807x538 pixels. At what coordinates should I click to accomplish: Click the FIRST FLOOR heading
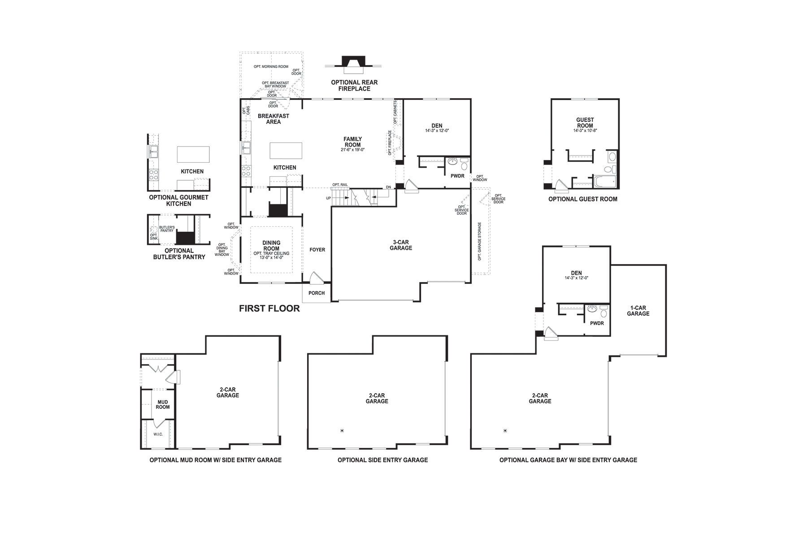[269, 308]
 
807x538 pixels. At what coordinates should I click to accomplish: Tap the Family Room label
[352, 142]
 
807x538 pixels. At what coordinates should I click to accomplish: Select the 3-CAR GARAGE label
[400, 245]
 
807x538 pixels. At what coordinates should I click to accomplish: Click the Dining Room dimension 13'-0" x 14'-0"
[271, 258]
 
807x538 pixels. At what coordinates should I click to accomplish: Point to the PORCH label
[317, 293]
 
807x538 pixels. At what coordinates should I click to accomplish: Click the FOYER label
[317, 250]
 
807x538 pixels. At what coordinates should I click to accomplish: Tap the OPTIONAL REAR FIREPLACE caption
[354, 86]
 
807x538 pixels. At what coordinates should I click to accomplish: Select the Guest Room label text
[585, 122]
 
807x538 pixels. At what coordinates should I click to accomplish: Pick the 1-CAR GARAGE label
[638, 311]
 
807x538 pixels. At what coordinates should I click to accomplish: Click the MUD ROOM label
[162, 404]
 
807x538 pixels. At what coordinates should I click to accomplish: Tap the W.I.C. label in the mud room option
[158, 434]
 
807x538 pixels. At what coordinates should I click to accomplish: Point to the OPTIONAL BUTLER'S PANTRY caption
[179, 254]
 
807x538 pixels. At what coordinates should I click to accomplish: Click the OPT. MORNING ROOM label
[271, 67]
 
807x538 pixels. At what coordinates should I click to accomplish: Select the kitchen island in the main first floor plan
[286, 150]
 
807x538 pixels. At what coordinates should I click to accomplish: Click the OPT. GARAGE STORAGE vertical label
[479, 241]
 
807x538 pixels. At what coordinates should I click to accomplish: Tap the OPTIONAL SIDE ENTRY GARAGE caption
[382, 460]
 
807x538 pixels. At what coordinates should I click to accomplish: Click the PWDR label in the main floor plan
[457, 176]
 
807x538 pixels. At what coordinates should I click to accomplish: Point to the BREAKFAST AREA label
[273, 119]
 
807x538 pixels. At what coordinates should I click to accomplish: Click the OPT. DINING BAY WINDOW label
[222, 250]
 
